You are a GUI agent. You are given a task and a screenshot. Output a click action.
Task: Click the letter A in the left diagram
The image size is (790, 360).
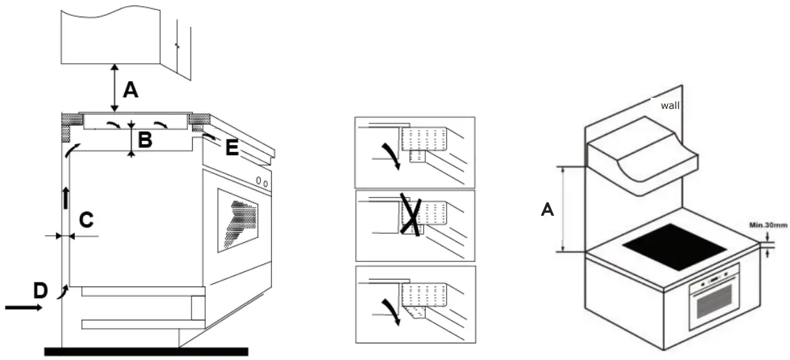tap(130, 90)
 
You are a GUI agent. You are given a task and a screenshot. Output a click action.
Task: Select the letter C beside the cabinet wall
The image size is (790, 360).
tap(86, 220)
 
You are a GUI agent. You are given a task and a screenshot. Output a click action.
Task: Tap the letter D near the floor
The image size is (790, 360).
tap(40, 291)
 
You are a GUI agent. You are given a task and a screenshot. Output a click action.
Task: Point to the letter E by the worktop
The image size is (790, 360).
tap(232, 148)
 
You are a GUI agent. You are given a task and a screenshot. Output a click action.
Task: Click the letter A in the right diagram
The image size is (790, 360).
tap(547, 208)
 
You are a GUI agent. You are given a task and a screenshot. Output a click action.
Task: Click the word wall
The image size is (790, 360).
tap(669, 105)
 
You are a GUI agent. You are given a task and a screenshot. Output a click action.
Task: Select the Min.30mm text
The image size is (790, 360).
tap(767, 225)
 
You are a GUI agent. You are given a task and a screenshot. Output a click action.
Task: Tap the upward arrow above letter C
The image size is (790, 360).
tap(66, 198)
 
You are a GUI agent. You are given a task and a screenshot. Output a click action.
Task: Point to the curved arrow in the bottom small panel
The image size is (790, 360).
tap(393, 309)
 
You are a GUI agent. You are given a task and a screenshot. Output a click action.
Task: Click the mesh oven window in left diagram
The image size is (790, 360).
tap(240, 219)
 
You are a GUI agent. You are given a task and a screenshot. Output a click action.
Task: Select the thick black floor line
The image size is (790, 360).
tap(146, 352)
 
